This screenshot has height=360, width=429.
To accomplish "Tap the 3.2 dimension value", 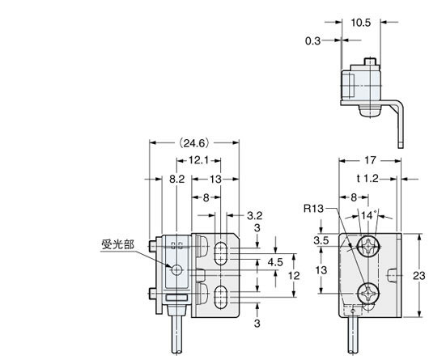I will point(253,216).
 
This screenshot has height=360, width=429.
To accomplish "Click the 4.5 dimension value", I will point(275,261).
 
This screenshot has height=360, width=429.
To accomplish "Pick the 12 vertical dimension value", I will point(296,275).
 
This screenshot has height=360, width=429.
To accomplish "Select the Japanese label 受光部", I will point(118,241).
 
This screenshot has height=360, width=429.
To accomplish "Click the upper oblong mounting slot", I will point(220,253).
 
